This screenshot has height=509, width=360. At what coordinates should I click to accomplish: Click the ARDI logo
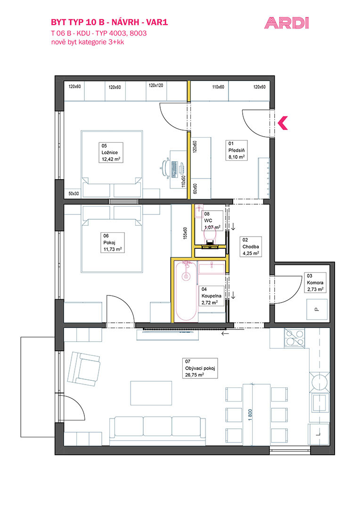tap(286, 24)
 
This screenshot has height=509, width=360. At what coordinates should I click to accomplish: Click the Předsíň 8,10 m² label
tap(237, 150)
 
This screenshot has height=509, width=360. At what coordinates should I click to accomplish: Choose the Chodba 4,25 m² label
tap(251, 246)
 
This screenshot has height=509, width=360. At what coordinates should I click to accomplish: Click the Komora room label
tap(315, 283)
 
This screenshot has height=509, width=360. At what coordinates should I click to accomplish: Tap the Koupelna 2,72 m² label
tap(211, 296)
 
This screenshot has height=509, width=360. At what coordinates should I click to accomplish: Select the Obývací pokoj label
tap(200, 368)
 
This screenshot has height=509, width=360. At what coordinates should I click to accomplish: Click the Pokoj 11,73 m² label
tap(113, 243)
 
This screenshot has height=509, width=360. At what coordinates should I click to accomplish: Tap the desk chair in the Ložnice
tap(165, 168)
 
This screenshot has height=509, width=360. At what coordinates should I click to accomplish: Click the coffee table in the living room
tap(151, 393)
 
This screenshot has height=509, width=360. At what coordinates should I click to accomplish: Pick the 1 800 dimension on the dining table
tap(250, 415)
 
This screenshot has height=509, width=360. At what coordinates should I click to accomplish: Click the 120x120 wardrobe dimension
tap(156, 85)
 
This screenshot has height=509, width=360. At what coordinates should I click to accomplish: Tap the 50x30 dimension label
tap(74, 194)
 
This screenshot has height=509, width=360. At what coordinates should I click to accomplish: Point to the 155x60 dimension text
tap(185, 233)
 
